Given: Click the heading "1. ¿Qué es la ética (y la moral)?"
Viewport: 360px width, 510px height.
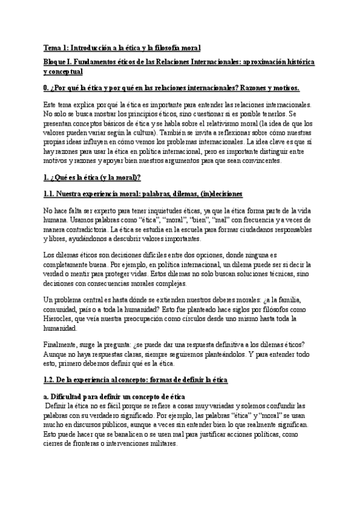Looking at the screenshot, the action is [x=93, y=178].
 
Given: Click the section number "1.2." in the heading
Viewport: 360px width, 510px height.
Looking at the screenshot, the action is [x=51, y=381].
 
